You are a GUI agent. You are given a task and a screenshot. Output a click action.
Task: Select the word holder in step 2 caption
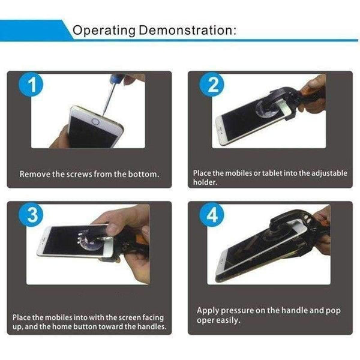205,182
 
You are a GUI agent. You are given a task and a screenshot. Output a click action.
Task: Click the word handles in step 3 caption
148,327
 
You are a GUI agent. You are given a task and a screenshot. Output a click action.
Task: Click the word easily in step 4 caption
230,320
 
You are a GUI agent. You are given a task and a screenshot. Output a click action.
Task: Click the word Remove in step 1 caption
35,175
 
